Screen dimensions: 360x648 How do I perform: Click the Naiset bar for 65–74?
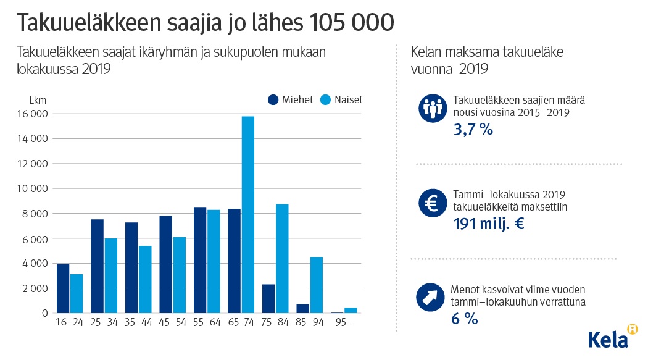pos(248,214)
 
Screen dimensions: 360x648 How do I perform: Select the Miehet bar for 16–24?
pos(63,288)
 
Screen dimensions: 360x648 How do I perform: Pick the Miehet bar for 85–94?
pos(303,308)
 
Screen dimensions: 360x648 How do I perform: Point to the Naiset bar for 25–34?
pos(110,275)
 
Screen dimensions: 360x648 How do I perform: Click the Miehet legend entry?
pos(291,100)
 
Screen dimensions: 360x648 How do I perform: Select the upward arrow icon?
pos(431,298)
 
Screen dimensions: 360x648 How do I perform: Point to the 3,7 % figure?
pos(473,130)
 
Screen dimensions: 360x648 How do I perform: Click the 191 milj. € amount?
pos(489,224)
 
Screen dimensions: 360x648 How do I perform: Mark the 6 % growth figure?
pos(466,319)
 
